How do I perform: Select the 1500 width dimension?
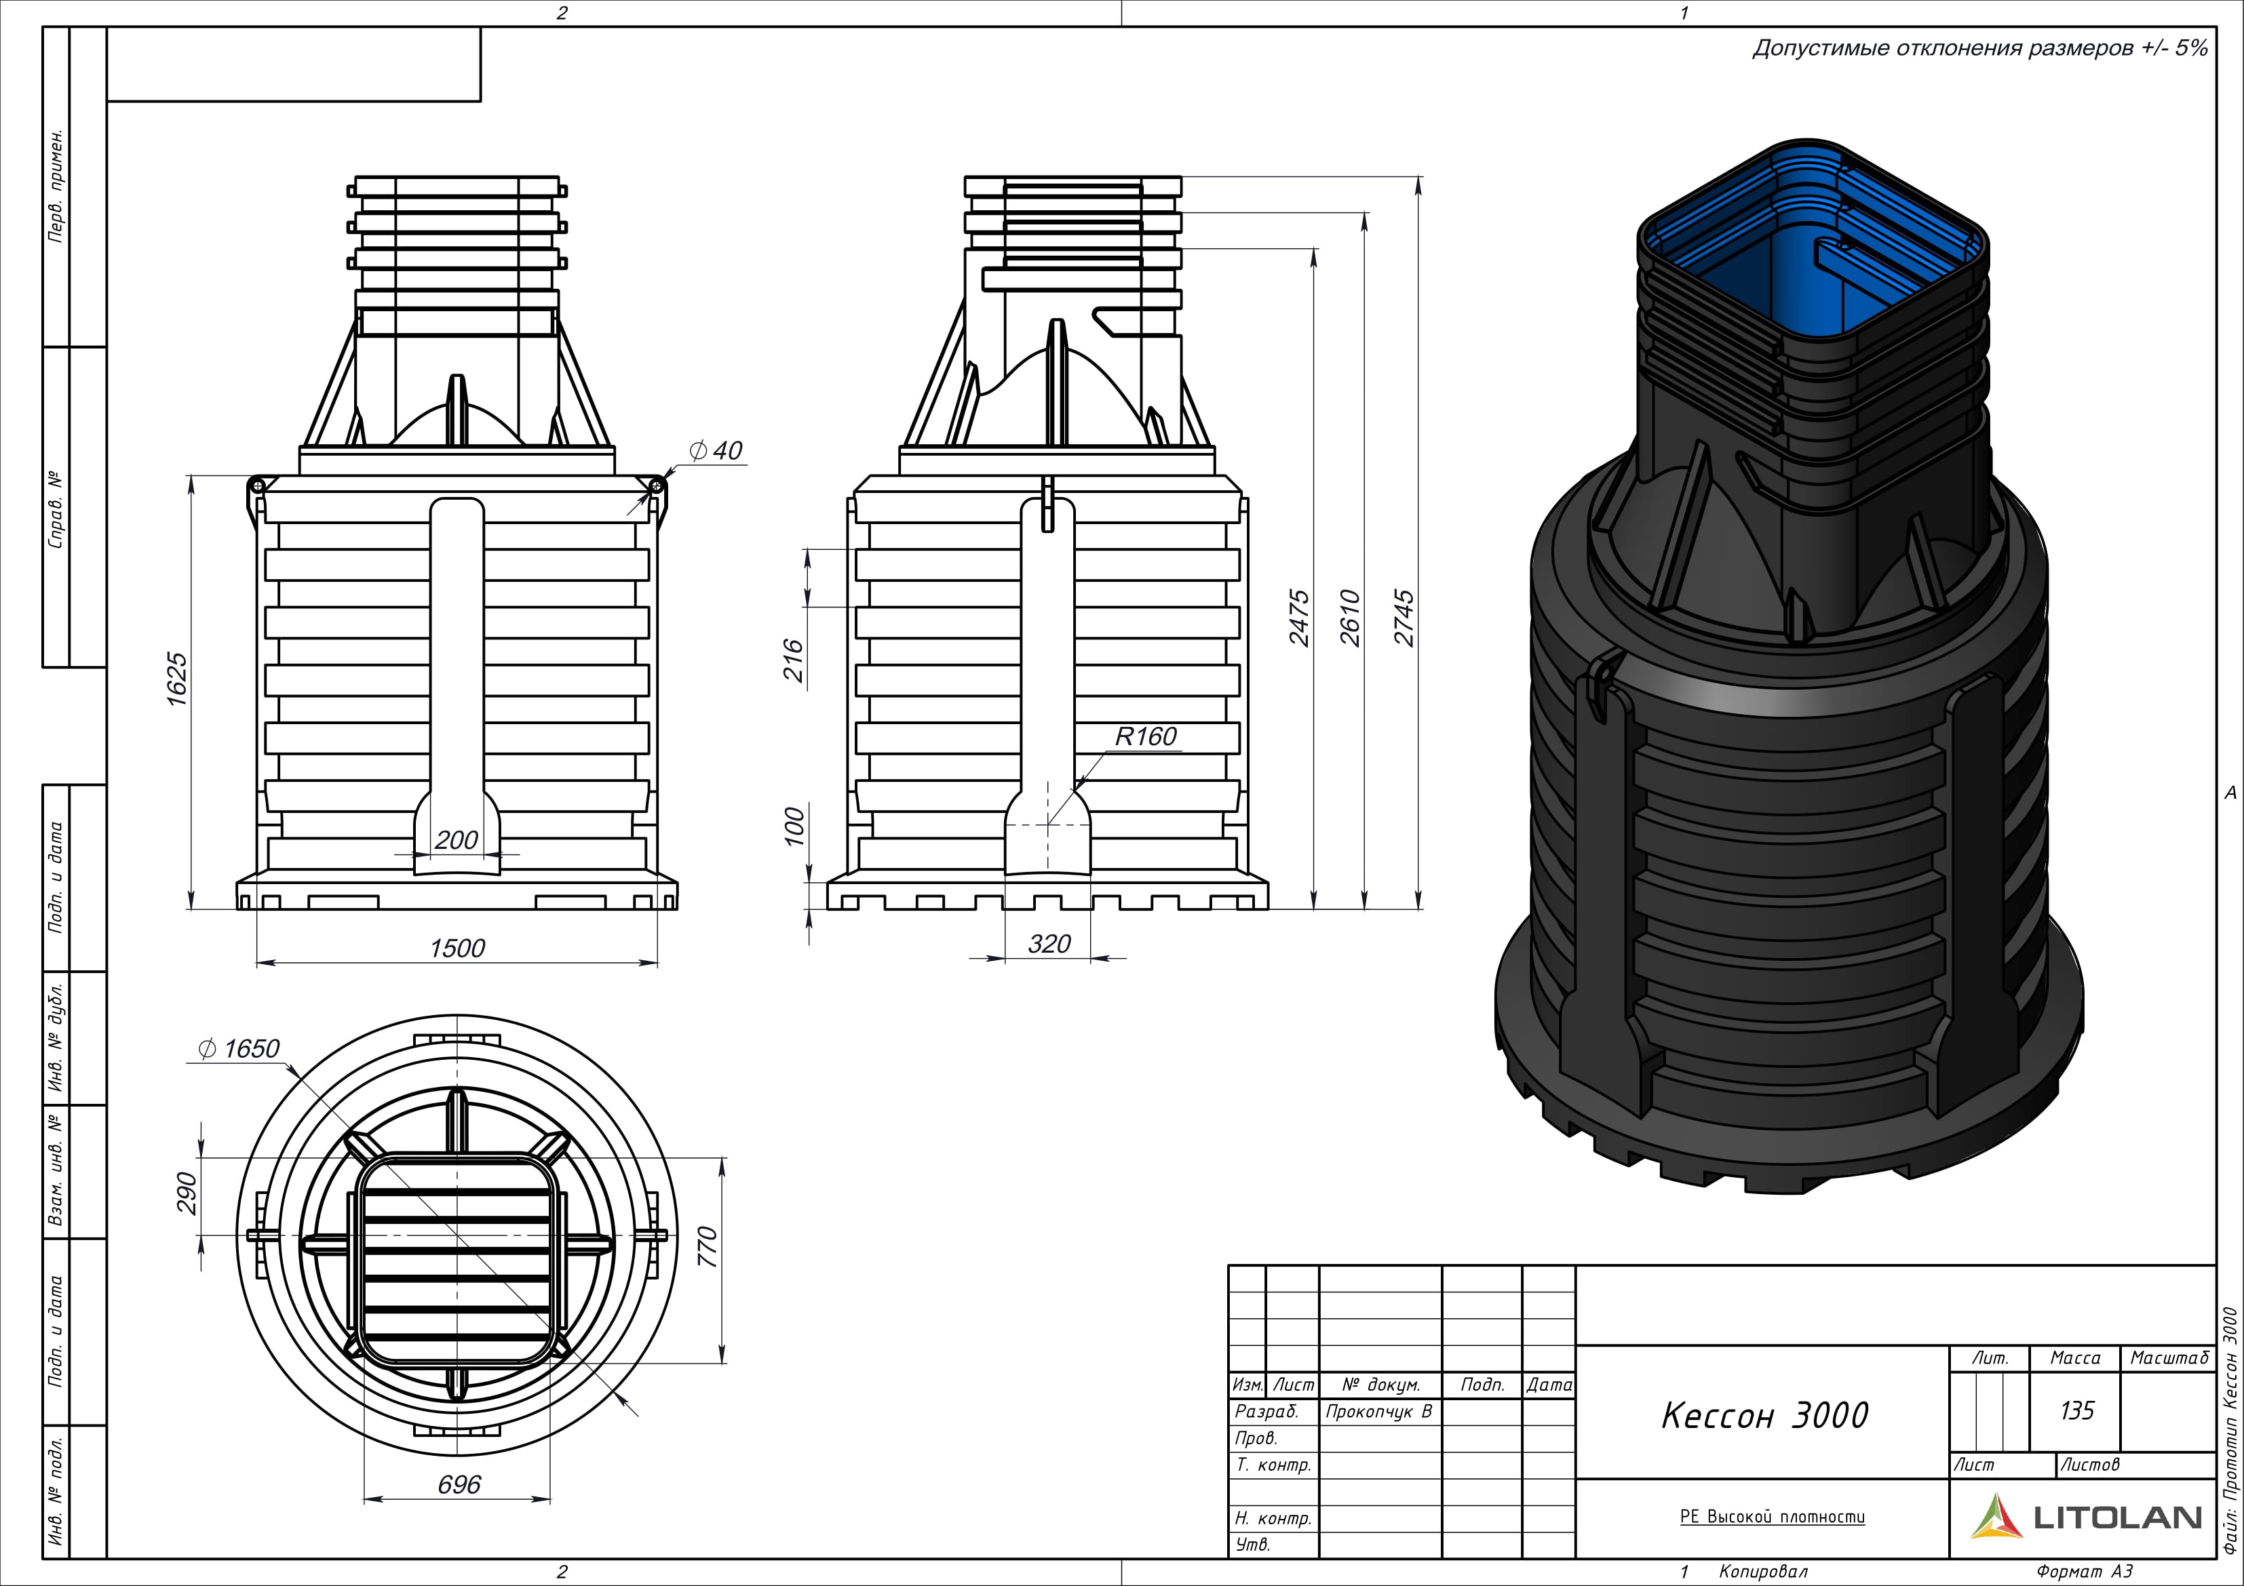point(457,948)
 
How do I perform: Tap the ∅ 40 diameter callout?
point(716,450)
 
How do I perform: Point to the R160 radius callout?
point(1146,737)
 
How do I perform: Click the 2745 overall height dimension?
point(1404,618)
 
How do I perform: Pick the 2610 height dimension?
point(1350,618)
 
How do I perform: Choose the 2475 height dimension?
point(1299,618)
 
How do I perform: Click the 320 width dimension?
point(1049,944)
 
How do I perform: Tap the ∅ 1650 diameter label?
point(239,1048)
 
